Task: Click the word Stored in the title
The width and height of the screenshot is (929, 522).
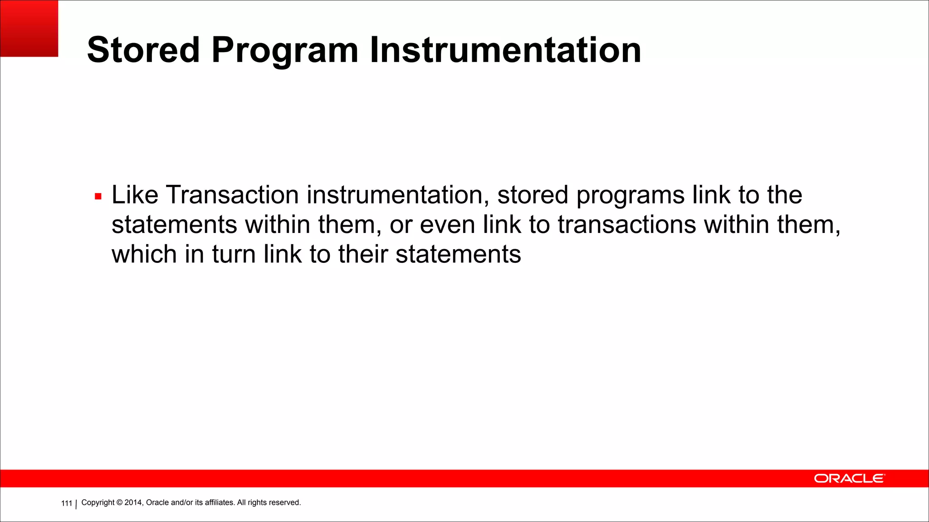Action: tap(143, 50)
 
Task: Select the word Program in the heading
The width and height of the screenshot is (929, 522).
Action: tap(285, 51)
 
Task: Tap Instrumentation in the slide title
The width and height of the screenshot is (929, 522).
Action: tap(505, 50)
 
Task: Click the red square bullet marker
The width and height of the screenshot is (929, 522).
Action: tap(98, 197)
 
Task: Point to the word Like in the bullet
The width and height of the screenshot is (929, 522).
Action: tap(135, 195)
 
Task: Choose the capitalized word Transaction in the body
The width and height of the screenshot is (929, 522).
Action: tap(232, 195)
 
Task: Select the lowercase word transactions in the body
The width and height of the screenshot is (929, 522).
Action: tap(626, 225)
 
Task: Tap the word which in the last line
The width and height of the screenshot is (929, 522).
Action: tap(144, 254)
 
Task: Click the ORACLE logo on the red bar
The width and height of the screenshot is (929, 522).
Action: tap(849, 478)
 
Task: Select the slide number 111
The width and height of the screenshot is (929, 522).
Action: tap(67, 503)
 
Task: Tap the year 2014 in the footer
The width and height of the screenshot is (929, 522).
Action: tap(133, 503)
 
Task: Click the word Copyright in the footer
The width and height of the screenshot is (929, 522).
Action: tap(98, 503)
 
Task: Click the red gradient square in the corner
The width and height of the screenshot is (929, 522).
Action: tap(29, 28)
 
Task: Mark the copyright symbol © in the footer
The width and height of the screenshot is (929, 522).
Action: tap(120, 503)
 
